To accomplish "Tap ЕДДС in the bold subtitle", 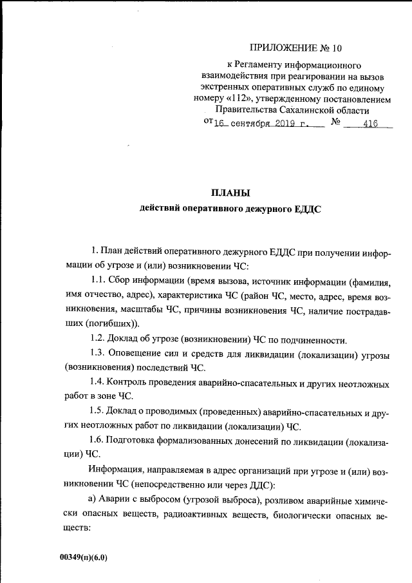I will (308, 209).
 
